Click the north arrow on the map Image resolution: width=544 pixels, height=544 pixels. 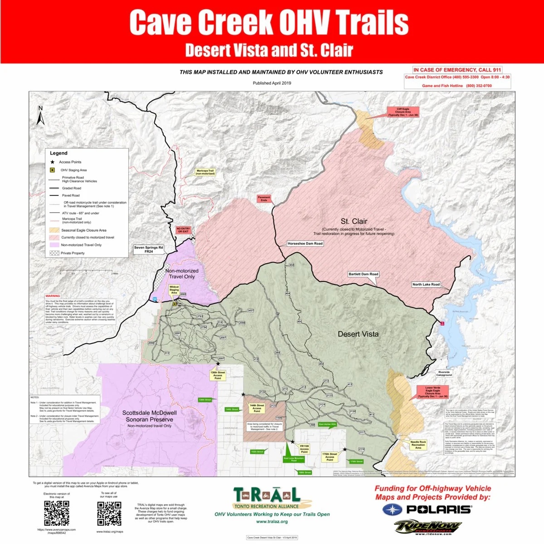(40, 116)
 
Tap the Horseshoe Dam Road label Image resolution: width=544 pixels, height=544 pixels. (305, 243)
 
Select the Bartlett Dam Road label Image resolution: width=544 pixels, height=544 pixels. (364, 274)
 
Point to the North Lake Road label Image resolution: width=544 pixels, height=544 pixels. (426, 284)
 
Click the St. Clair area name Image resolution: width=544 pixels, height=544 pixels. (354, 221)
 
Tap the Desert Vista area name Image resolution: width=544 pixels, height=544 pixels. (358, 334)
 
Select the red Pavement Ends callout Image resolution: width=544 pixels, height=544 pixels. (264, 199)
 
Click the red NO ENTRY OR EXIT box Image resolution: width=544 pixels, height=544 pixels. (183, 230)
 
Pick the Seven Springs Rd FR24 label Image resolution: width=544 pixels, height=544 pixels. (148, 249)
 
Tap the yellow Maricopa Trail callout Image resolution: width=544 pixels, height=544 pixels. (205, 172)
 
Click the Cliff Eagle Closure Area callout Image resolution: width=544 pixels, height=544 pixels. (403, 112)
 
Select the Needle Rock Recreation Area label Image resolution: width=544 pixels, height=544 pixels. (418, 445)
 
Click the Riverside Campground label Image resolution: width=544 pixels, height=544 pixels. (444, 374)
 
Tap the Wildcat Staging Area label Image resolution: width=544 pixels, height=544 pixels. (174, 290)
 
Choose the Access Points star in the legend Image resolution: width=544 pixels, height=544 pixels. (52, 162)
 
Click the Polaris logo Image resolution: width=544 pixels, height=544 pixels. (427, 510)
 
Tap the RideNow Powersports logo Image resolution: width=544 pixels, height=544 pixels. (427, 527)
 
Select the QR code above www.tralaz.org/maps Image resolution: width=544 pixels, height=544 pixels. (109, 513)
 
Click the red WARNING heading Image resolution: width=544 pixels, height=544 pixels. (53, 296)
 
